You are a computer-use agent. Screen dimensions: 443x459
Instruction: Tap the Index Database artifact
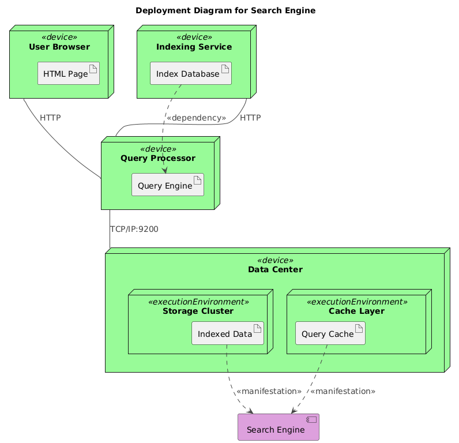190,73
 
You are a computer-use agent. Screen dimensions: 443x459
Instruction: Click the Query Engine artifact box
167,185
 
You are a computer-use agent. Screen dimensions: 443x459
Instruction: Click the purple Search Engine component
278,429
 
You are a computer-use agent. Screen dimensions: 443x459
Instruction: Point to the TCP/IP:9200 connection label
134,229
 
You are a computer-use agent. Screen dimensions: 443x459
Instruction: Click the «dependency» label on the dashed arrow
196,118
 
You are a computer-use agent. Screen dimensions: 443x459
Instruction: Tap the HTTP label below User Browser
50,118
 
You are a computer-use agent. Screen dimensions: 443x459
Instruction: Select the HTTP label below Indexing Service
250,118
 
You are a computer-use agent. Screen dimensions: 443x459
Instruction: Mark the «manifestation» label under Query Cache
343,391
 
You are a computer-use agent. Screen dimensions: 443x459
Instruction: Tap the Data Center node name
275,269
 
